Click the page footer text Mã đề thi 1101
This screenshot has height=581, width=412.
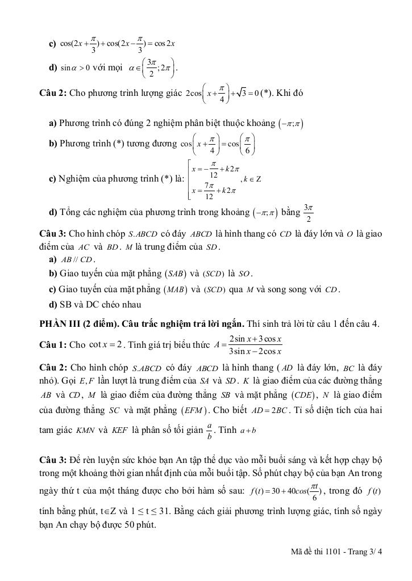pyautogui.click(x=316, y=550)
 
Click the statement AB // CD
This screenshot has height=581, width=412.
pyautogui.click(x=76, y=260)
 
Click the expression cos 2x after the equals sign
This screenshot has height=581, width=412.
pyautogui.click(x=164, y=44)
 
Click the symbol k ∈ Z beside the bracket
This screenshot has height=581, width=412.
pyautogui.click(x=251, y=179)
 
